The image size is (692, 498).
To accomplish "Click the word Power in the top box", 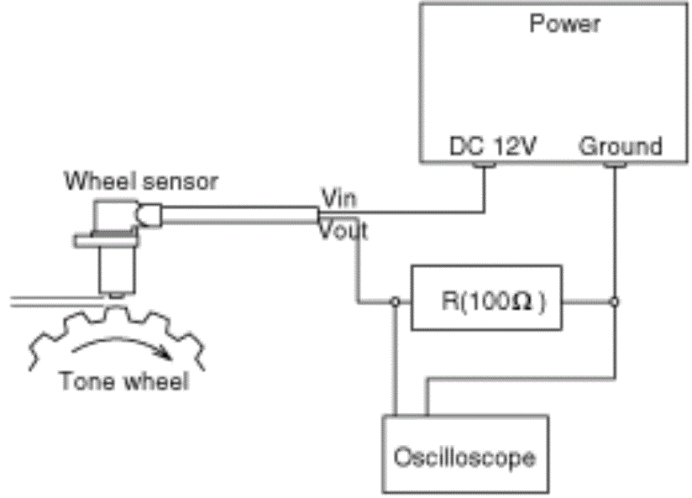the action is click(x=564, y=23).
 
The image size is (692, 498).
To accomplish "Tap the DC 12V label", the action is click(x=492, y=145).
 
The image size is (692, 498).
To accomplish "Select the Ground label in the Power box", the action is click(x=621, y=145).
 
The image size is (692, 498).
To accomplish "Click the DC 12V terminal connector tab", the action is click(x=484, y=165).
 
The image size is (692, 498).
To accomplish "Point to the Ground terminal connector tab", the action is click(x=615, y=165).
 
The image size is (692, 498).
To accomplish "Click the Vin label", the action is click(x=339, y=198).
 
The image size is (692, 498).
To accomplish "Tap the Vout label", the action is click(x=343, y=230).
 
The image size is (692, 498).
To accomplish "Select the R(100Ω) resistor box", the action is click(x=486, y=298).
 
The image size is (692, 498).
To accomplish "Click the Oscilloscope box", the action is click(x=465, y=453).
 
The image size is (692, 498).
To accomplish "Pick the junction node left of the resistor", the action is click(x=396, y=301).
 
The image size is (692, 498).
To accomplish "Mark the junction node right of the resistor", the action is click(x=615, y=301).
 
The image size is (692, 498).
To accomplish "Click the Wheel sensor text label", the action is click(x=141, y=181).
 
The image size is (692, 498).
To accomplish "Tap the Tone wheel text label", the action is click(x=123, y=380).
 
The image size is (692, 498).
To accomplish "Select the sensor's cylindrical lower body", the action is click(x=116, y=270).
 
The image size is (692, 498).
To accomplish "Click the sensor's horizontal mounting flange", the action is click(x=106, y=242).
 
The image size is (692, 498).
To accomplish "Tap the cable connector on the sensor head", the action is click(x=150, y=216).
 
